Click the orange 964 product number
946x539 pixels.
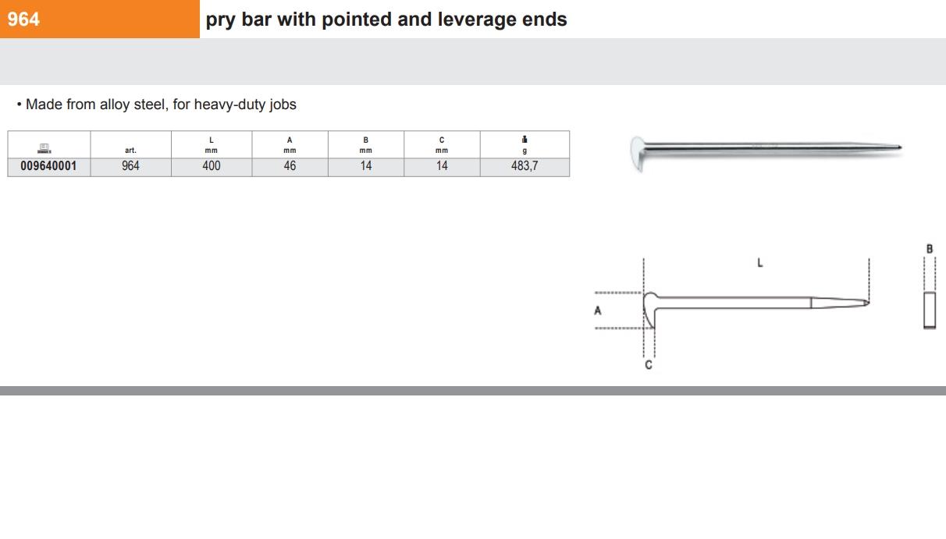(23, 20)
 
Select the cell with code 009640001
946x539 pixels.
(48, 166)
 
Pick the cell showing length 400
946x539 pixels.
(212, 166)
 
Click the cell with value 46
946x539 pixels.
(290, 166)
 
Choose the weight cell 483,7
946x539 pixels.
(525, 166)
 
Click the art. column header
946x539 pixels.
(130, 151)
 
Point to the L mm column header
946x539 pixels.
(212, 145)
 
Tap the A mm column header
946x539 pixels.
(290, 145)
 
